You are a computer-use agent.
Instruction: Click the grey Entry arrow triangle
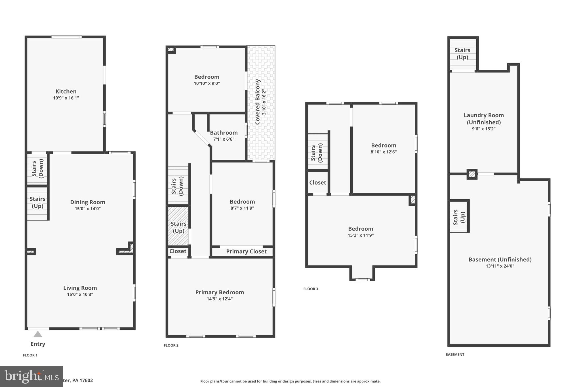[38, 335]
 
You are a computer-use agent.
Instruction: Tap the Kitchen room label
[66, 91]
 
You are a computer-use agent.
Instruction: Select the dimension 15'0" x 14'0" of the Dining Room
[87, 209]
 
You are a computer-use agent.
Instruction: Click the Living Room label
[80, 288]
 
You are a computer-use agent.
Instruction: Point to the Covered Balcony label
[258, 102]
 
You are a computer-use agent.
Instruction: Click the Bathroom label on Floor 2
[224, 133]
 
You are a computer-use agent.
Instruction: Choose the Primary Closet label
[246, 251]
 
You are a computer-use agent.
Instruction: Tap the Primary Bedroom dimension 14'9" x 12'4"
[220, 299]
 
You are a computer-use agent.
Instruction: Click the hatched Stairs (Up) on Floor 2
[178, 227]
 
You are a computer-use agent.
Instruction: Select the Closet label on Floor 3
[317, 183]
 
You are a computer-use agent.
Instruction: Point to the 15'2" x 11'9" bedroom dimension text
[361, 235]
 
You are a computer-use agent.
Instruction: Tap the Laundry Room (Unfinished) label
[483, 119]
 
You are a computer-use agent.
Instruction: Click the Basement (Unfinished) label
[500, 259]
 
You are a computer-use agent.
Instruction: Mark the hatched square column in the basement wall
[472, 174]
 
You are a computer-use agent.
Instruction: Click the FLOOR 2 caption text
[171, 345]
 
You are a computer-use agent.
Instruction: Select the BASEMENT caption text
[455, 354]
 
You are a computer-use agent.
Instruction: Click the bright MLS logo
[31, 377]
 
